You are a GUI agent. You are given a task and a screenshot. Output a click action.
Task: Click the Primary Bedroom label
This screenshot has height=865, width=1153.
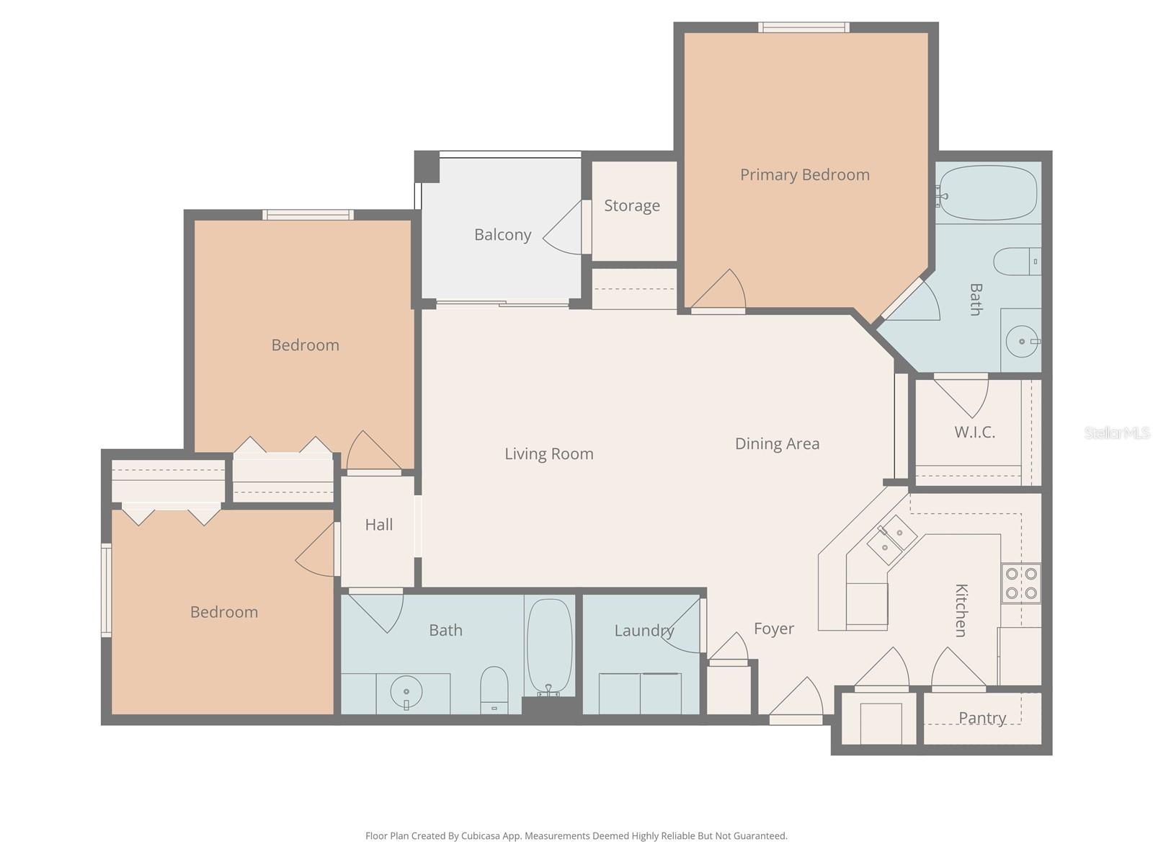[x=804, y=174]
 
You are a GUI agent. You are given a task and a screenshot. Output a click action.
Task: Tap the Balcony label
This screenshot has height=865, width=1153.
[x=502, y=234]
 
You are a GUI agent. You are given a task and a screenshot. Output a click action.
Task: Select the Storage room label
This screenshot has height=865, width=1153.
[x=631, y=205]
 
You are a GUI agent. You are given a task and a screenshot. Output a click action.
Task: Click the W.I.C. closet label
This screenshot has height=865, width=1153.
[x=974, y=432]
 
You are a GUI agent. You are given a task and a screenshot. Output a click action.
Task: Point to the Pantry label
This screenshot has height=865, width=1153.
[x=981, y=717]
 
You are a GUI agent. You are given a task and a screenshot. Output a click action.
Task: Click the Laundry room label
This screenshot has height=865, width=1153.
[x=644, y=630]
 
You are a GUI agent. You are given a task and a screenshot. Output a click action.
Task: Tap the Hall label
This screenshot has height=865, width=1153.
[x=378, y=524]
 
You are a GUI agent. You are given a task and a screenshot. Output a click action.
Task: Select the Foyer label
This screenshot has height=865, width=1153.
[x=773, y=629]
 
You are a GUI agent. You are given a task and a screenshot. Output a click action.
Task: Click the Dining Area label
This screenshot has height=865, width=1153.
[x=777, y=443]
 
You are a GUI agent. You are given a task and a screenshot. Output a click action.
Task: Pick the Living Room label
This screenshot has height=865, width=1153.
[x=548, y=453]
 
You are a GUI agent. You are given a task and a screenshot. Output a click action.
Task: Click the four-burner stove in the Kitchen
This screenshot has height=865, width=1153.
[x=1021, y=583]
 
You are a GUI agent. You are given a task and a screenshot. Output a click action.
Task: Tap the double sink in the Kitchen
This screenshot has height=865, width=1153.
[x=891, y=540]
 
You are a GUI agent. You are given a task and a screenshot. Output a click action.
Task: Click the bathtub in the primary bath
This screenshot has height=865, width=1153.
[x=989, y=193]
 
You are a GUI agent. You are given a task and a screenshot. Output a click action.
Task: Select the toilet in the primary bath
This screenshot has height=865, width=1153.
[x=1016, y=261]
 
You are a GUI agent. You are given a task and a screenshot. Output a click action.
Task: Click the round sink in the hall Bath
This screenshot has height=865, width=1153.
[x=406, y=693]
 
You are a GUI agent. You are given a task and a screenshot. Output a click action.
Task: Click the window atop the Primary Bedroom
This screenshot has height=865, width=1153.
[x=803, y=27]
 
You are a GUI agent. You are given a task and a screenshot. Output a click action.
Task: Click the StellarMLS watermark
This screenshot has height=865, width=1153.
[x=1116, y=432]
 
